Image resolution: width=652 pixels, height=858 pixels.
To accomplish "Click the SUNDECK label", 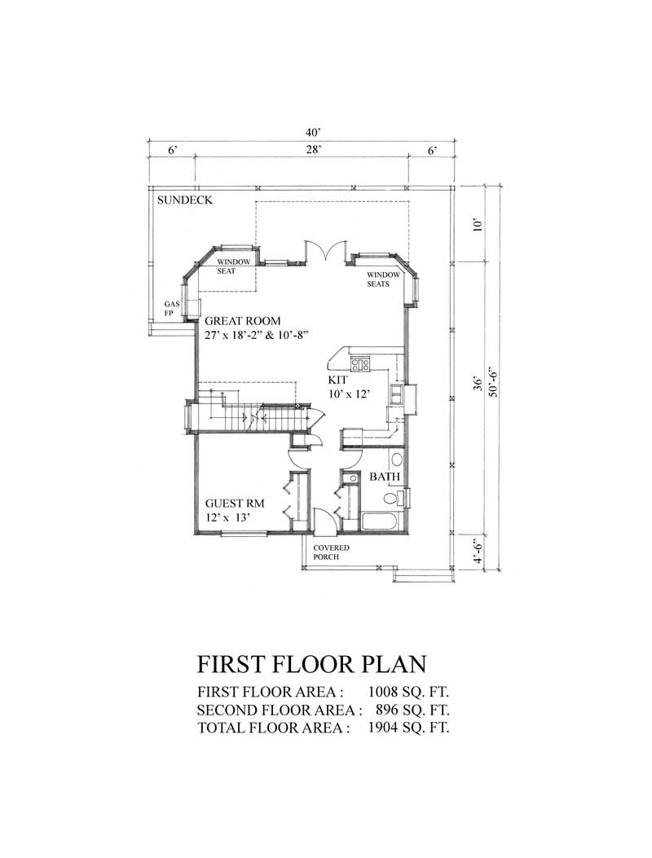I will tap(185, 200).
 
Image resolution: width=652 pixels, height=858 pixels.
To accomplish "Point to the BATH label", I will tap(385, 477).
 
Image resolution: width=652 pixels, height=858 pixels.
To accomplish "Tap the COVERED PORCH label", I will tap(332, 552).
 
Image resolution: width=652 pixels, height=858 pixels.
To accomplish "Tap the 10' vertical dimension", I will tap(478, 224).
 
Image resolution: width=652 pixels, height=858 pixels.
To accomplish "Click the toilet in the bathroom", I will tap(392, 498).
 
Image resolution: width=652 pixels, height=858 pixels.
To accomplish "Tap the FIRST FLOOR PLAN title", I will tap(312, 664).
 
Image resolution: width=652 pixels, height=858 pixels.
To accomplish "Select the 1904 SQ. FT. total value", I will tap(409, 727).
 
